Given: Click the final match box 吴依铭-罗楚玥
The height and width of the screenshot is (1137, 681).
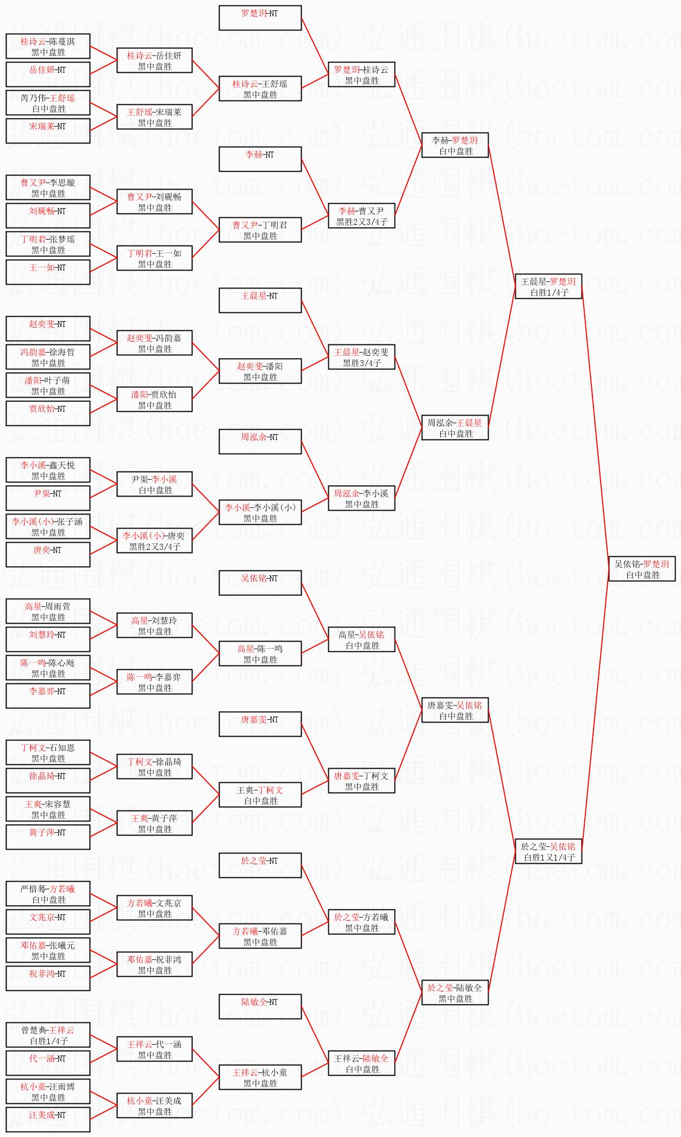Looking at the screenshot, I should [x=642, y=569].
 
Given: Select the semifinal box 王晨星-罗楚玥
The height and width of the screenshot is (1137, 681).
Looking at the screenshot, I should [x=548, y=286].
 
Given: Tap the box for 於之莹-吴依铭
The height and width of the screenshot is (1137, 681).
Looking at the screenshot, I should [x=548, y=851].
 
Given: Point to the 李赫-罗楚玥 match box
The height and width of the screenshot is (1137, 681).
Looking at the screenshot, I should [x=455, y=145].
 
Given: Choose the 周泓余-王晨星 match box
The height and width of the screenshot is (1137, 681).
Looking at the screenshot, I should [x=455, y=428].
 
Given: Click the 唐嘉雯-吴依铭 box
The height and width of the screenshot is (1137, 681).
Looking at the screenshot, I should [x=455, y=710].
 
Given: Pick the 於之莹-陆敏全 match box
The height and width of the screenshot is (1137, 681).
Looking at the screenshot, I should [x=455, y=992].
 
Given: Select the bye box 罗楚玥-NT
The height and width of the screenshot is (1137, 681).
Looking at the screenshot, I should [x=260, y=18].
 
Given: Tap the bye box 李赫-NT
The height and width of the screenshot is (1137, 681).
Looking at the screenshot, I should [x=260, y=159].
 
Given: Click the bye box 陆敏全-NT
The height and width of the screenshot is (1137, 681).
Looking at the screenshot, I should [x=260, y=1007].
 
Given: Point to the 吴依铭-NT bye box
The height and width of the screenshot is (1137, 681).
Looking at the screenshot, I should [x=260, y=583].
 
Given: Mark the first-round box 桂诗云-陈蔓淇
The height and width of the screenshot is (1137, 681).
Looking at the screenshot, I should [x=48, y=47].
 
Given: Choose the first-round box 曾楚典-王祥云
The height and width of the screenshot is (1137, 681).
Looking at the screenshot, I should [x=48, y=1035].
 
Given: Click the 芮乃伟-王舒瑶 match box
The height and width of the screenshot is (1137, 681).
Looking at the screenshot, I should [x=48, y=103].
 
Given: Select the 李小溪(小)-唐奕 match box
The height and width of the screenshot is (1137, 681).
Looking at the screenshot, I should [x=154, y=541].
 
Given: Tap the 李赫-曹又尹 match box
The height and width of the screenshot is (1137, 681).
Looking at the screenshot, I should [x=361, y=216].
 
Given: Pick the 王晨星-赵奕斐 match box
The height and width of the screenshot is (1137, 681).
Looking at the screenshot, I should [x=361, y=357].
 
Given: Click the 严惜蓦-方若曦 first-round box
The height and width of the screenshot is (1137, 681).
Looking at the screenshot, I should [x=48, y=894].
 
